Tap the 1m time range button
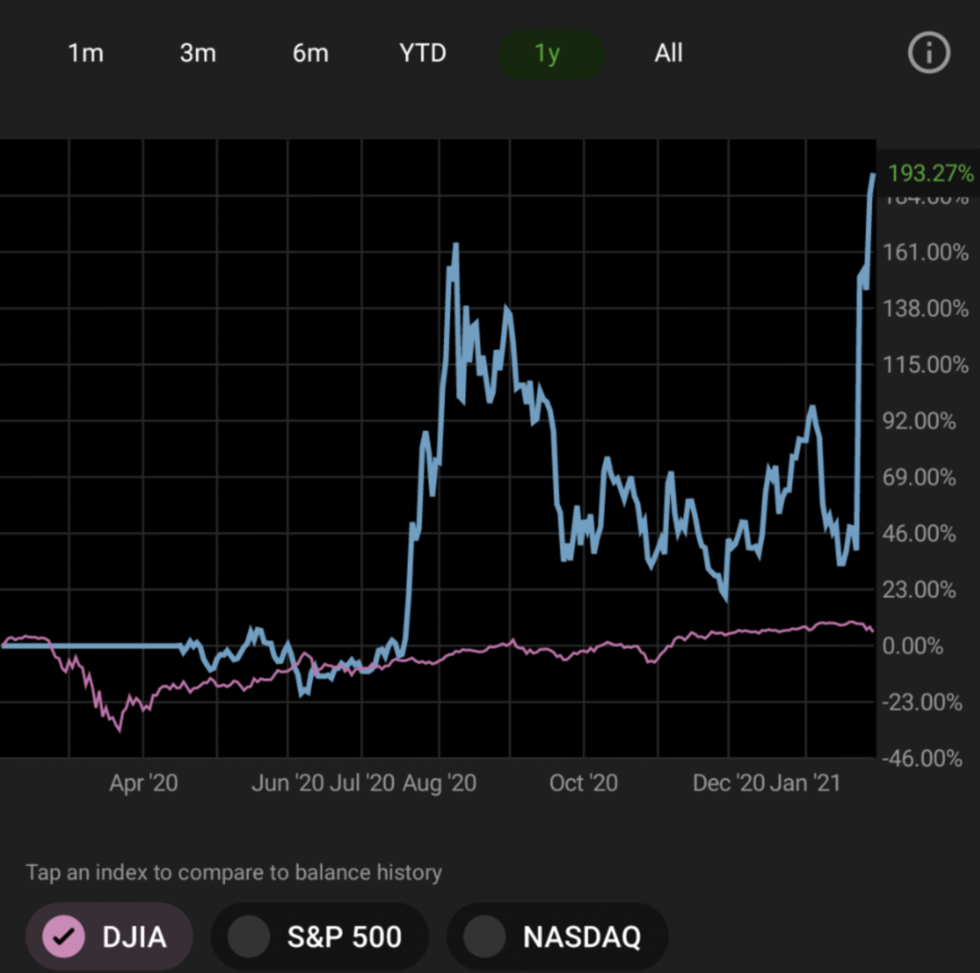point(85,54)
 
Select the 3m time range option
point(198,54)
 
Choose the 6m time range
point(310,54)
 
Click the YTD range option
point(423,54)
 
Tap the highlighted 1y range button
point(547,55)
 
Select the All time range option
point(668,54)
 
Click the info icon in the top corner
point(927,55)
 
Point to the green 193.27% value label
point(930,174)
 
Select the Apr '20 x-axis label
point(144,784)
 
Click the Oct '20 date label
point(584,784)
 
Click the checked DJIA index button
point(109,937)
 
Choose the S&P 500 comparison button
point(320,937)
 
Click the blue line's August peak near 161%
point(456,246)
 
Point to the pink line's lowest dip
point(119,730)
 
